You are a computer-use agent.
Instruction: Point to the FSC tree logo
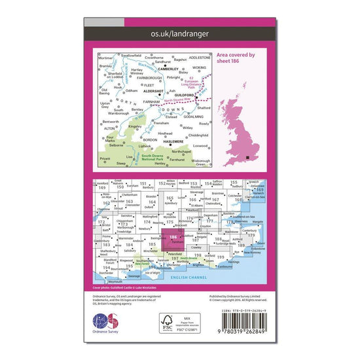tap(168, 321)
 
